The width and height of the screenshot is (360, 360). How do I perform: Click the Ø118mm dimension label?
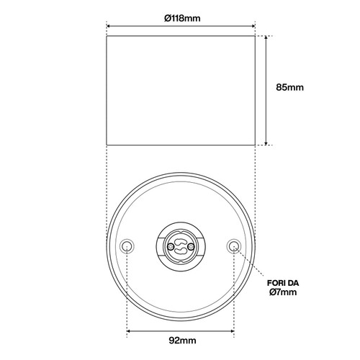[x=182, y=18]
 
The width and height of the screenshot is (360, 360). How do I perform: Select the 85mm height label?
[x=289, y=87]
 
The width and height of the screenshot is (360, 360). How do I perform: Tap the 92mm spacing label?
[x=182, y=341]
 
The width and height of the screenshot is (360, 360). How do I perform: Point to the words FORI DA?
[x=283, y=283]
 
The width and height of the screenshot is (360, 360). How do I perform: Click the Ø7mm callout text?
[x=283, y=292]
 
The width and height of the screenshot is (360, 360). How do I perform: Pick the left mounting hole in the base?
[x=127, y=246]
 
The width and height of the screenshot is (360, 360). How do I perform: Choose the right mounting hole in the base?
[x=234, y=246]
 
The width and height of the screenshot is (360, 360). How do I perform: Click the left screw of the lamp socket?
[x=171, y=246]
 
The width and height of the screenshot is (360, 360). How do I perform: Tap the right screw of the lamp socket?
[x=191, y=246]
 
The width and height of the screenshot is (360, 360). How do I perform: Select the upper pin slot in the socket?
[x=181, y=242]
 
